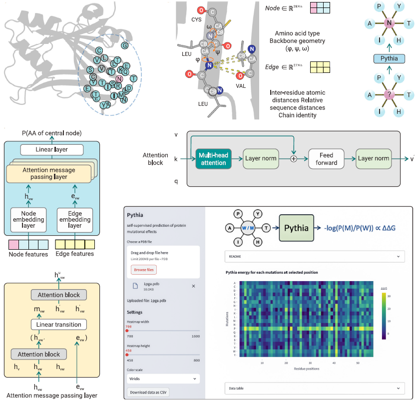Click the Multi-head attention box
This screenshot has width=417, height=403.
[214, 159]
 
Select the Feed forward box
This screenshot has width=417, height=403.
[327, 159]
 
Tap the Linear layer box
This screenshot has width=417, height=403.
[51, 149]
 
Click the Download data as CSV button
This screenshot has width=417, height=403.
[149, 393]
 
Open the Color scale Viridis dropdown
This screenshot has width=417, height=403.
[163, 379]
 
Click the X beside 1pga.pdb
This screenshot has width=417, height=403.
[193, 286]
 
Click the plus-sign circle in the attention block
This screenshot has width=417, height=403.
[294, 159]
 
